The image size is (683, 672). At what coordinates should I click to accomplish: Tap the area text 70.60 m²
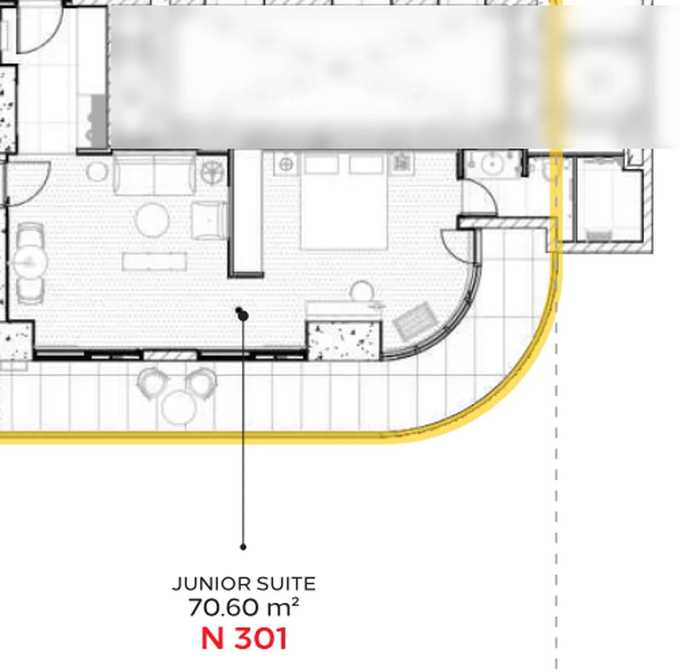243,607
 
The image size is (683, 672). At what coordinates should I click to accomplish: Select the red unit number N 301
244,639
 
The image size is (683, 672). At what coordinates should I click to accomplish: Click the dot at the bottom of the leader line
243,547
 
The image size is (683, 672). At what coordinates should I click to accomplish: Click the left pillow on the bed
322,164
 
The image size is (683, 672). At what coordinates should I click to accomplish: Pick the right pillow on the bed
366,164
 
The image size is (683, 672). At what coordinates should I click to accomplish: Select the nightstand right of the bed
401,163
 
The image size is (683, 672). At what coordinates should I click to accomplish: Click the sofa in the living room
155,173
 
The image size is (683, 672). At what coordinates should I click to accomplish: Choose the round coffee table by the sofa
152,220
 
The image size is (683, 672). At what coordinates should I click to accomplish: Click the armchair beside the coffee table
209,220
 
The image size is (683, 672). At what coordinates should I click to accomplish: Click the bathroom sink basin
492,164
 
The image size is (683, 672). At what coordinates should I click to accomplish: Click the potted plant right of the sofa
212,173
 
